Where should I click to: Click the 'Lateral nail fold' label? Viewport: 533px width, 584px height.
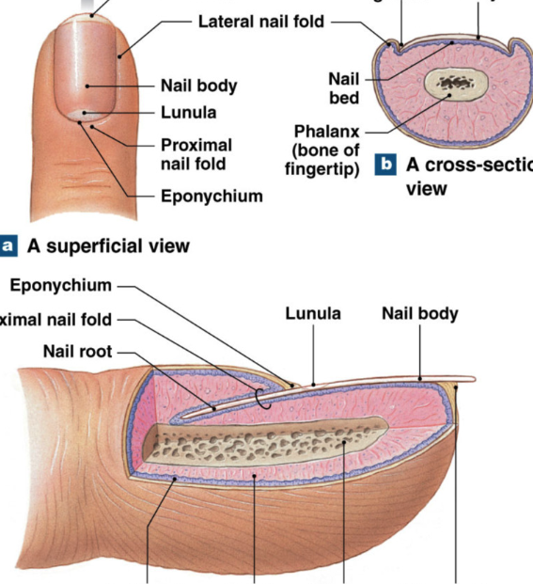point(260,20)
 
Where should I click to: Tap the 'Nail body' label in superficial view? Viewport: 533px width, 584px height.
point(198,86)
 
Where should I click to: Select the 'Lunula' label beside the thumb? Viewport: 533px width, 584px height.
point(188,112)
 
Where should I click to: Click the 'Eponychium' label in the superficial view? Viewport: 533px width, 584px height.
point(211,197)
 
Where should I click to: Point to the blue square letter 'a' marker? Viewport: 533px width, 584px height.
point(8,246)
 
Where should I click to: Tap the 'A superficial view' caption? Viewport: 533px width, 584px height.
point(108,246)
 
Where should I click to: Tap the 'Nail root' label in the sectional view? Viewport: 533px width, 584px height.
point(77,352)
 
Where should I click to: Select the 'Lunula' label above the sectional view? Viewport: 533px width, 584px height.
point(313,313)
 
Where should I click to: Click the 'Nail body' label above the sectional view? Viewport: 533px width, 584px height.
point(420,313)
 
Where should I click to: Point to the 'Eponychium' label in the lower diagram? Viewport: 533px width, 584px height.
point(60,285)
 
